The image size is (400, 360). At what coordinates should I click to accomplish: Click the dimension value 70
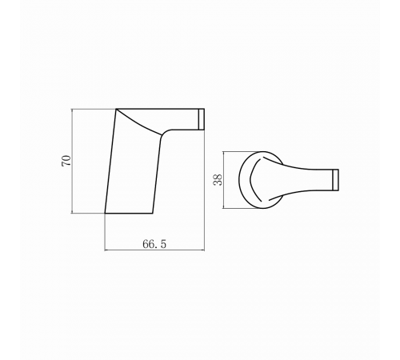tap(66, 161)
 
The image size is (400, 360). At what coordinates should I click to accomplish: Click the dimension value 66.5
tap(154, 244)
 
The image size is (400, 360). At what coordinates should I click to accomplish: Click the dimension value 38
tap(218, 180)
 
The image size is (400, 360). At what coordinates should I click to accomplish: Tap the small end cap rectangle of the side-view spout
tap(202, 119)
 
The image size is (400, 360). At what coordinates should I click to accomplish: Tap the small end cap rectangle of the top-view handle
tap(335, 180)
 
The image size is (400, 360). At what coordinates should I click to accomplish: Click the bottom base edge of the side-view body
tap(129, 214)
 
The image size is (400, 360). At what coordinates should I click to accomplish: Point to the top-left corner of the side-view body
tap(116, 109)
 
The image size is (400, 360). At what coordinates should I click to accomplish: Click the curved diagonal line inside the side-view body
tap(138, 123)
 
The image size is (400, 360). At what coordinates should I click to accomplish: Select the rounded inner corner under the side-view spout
tap(165, 132)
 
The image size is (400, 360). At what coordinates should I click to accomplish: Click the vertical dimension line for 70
tap(73, 161)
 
